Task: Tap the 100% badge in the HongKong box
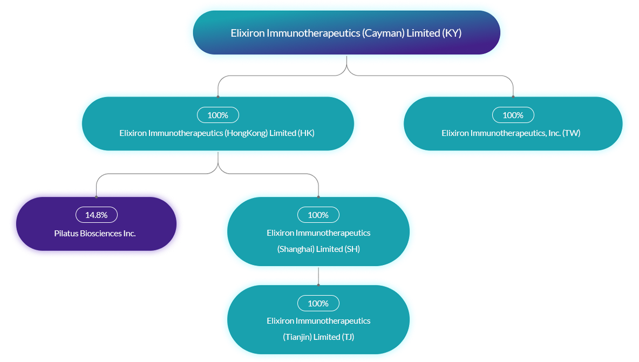[x=217, y=115]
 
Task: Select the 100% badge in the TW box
[x=513, y=115]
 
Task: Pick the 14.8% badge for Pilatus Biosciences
[x=96, y=215]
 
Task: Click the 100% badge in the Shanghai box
[x=318, y=215]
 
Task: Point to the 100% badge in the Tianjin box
[x=318, y=303]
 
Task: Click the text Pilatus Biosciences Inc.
[x=95, y=234]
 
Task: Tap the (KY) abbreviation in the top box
[x=452, y=33]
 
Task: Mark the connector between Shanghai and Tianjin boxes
[x=318, y=276]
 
